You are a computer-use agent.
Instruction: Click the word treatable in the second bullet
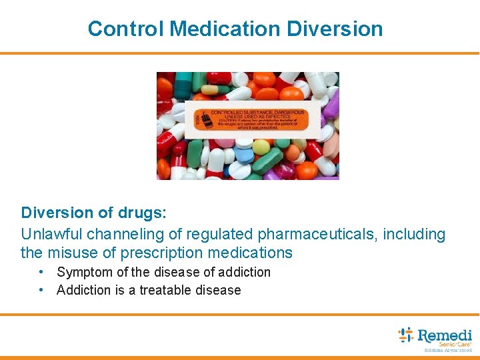pyautogui.click(x=166, y=290)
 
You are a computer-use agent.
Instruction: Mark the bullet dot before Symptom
pyautogui.click(x=41, y=272)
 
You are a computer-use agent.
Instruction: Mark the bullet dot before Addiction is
pyautogui.click(x=41, y=290)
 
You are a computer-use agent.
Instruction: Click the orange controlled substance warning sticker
pyautogui.click(x=251, y=120)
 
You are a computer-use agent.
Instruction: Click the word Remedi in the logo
pyautogui.click(x=444, y=335)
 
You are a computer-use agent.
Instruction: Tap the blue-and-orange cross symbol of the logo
pyautogui.click(x=406, y=335)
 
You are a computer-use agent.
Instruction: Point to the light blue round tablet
pyautogui.click(x=245, y=155)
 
